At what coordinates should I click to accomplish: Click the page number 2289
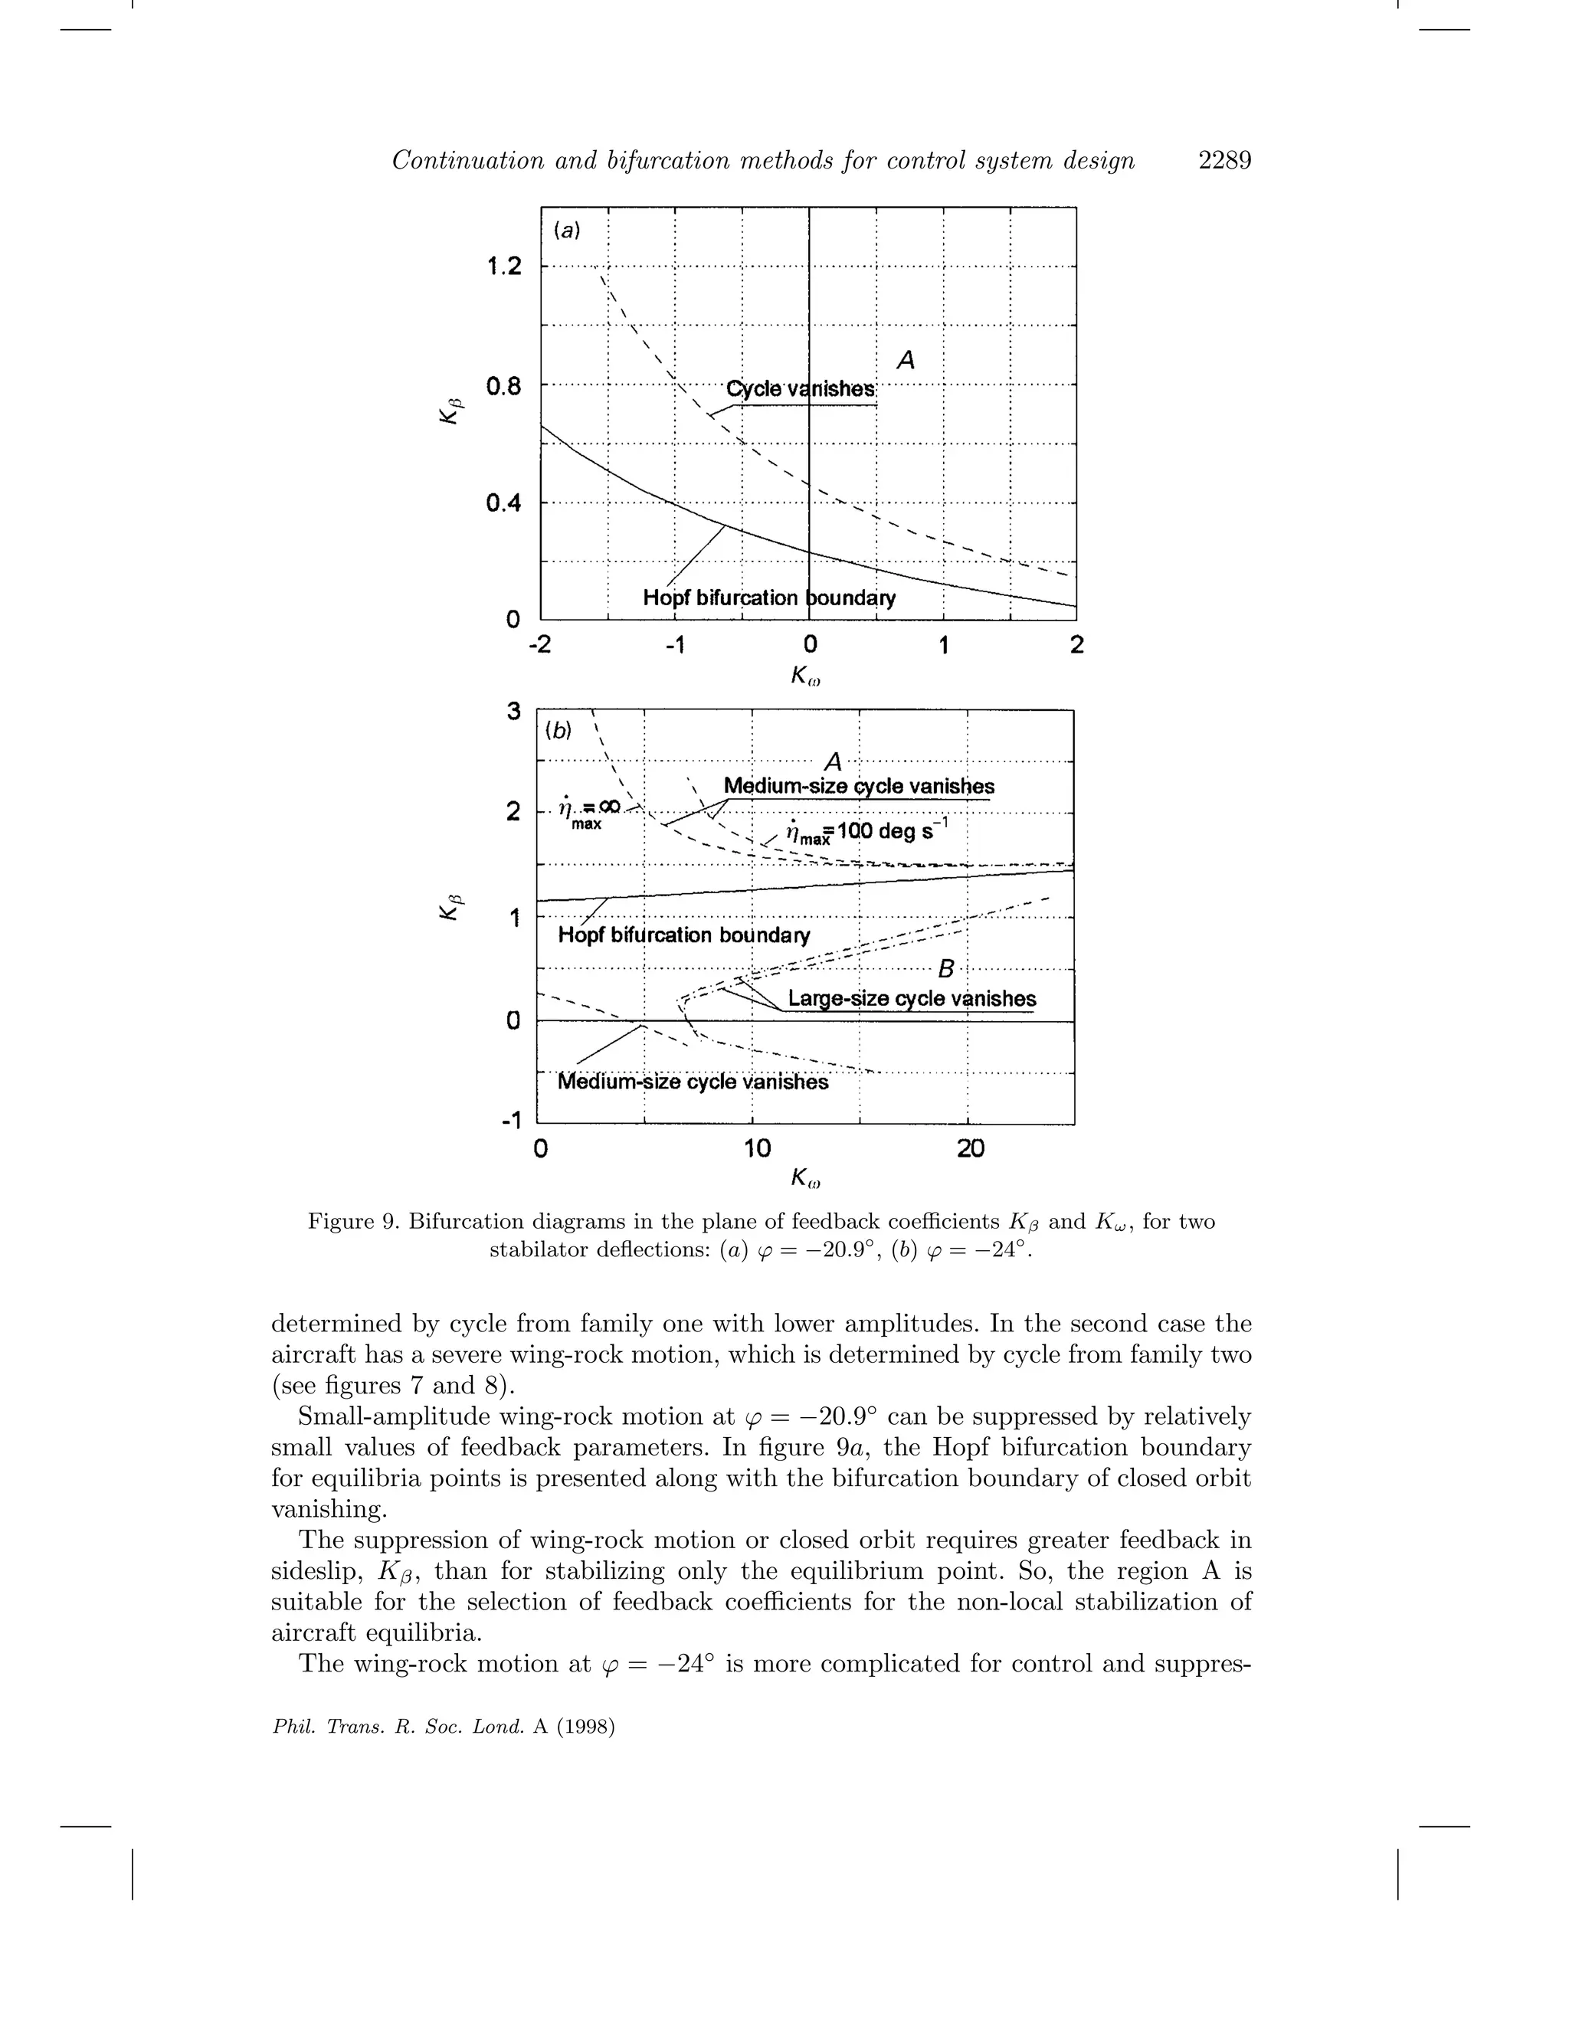coord(1224,161)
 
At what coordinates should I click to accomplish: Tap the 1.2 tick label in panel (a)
coord(504,267)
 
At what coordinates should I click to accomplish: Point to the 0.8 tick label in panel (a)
coord(504,386)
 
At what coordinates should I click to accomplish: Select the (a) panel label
coord(566,230)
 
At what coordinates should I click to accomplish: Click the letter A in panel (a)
coord(906,360)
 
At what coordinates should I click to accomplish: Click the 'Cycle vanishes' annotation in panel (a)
coord(801,388)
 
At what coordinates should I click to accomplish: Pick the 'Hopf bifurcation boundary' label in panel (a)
coord(768,598)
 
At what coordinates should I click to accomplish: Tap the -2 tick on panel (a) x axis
coord(539,644)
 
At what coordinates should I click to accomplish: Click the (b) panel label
coord(558,731)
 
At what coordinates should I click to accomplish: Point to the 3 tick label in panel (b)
coord(513,712)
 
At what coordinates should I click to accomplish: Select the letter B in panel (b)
coord(946,970)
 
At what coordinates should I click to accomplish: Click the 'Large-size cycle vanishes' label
coord(911,998)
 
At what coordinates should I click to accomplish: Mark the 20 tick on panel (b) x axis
coord(971,1149)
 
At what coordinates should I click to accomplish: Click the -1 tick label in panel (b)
coord(509,1121)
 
